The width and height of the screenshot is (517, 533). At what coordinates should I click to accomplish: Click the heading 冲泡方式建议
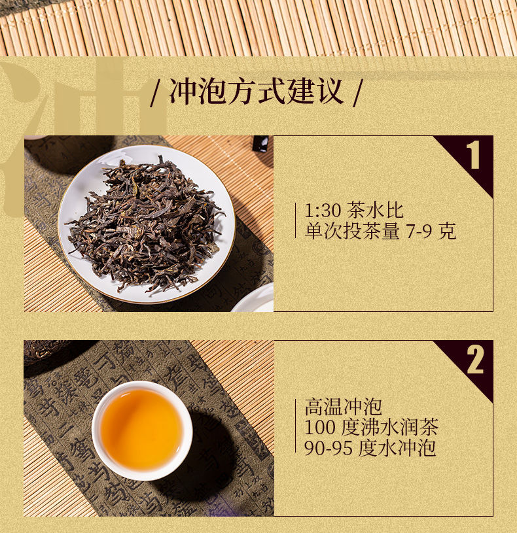click(256, 91)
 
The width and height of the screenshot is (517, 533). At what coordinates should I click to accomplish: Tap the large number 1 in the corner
click(473, 154)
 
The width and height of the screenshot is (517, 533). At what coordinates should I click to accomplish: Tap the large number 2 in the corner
click(475, 360)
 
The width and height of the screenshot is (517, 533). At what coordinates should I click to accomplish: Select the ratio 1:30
click(323, 211)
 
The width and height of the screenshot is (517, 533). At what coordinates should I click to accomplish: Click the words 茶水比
click(375, 211)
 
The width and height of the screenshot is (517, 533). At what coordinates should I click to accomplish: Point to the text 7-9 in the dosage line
click(419, 232)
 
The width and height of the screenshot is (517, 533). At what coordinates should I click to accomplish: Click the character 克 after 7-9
click(447, 231)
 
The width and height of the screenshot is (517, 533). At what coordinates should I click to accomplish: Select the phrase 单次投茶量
click(352, 231)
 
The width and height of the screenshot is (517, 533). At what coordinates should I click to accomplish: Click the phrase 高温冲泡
click(343, 407)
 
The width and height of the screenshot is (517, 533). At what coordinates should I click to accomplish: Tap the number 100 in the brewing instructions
click(319, 428)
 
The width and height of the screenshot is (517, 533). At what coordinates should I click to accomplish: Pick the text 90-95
click(329, 449)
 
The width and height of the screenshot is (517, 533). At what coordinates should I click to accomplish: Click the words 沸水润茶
click(399, 427)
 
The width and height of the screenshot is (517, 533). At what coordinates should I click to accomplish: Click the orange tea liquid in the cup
click(141, 429)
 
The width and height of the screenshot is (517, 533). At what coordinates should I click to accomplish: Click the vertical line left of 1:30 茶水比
click(296, 221)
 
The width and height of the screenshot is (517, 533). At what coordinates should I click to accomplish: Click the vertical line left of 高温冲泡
click(296, 426)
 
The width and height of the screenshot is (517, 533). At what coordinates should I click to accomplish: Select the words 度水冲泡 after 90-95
click(397, 448)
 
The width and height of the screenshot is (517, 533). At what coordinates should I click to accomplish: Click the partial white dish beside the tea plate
click(253, 299)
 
